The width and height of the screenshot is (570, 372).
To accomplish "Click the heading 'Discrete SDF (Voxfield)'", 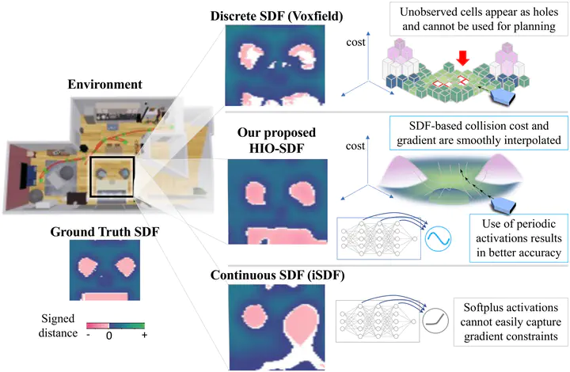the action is click(276, 17).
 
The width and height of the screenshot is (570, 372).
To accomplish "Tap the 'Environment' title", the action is click(104, 84).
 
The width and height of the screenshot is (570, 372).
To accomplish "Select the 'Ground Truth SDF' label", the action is click(104, 232).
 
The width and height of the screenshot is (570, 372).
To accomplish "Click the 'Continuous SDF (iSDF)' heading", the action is click(277, 275).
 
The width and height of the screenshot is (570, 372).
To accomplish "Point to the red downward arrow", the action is click(462, 58).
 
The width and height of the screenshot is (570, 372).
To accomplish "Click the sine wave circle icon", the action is click(438, 239).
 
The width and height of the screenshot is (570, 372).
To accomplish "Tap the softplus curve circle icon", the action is click(435, 321).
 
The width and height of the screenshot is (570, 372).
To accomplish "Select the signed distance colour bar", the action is click(116, 325).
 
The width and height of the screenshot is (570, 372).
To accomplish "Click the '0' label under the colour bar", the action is click(109, 336).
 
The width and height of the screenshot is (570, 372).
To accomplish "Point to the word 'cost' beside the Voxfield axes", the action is click(355, 43).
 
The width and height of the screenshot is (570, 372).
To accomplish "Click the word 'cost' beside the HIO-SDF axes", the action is click(355, 146).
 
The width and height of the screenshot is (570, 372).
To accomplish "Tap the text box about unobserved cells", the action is click(479, 19).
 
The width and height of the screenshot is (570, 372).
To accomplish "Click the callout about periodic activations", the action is click(519, 238).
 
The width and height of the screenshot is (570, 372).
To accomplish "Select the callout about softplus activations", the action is click(511, 322).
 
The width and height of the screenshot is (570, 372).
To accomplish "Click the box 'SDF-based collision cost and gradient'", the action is click(479, 133).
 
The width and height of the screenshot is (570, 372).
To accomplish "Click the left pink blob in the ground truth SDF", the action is click(88, 266).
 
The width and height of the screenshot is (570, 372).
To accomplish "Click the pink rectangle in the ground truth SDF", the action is click(105, 297).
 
